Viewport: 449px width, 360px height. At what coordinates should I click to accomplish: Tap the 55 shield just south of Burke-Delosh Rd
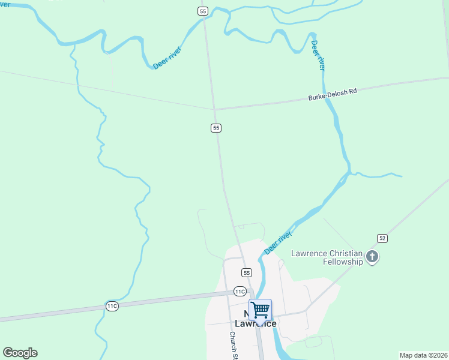click(216, 128)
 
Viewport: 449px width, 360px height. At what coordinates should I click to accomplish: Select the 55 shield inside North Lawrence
click(246, 272)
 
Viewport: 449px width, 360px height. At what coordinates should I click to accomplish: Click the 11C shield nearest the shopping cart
click(240, 292)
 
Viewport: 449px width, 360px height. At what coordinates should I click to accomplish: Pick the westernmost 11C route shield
click(112, 306)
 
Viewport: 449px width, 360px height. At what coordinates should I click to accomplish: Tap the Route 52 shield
click(382, 238)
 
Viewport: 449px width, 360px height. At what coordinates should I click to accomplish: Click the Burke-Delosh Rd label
click(333, 94)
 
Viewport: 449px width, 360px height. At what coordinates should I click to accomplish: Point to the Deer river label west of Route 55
click(167, 58)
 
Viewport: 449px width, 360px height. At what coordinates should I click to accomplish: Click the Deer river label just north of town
click(278, 242)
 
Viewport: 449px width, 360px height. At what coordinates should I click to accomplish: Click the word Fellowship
click(343, 262)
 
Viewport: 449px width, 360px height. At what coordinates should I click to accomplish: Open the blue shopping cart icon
click(260, 310)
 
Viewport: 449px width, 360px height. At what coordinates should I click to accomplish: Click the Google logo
click(20, 353)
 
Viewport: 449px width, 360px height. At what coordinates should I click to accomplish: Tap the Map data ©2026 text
click(423, 355)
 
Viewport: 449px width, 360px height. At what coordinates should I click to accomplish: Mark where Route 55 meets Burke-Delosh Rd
click(214, 109)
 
